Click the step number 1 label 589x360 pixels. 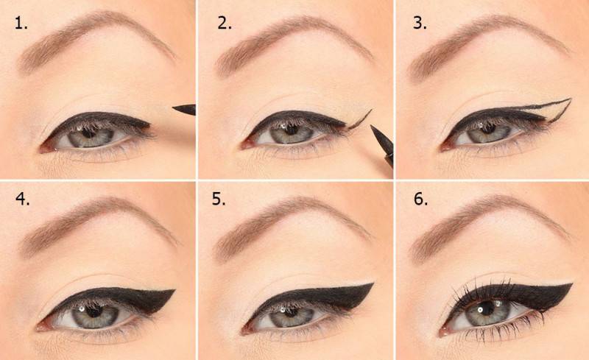point(21,24)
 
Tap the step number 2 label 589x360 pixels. point(225,24)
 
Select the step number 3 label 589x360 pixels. point(420,23)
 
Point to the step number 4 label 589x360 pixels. point(23,200)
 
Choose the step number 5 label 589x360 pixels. point(219,200)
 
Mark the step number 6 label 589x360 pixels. point(420,200)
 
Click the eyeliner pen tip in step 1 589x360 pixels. point(174,108)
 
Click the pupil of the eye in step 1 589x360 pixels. point(89,133)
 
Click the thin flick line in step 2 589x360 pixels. point(360,119)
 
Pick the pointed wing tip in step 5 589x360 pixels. point(373,283)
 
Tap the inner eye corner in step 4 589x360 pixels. point(40,328)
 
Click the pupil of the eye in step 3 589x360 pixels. point(488,129)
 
